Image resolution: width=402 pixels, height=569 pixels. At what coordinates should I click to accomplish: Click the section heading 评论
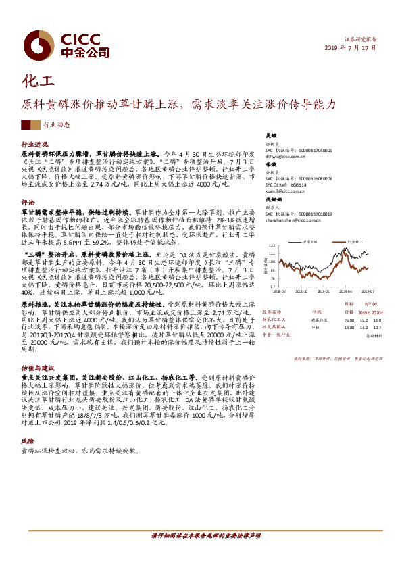(x=28, y=202)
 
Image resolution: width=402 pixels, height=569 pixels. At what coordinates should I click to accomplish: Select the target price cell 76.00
(x=348, y=320)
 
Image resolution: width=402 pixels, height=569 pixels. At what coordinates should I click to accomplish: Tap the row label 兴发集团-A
(x=273, y=327)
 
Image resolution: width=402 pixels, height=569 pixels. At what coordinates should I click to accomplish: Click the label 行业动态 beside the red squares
(x=57, y=125)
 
